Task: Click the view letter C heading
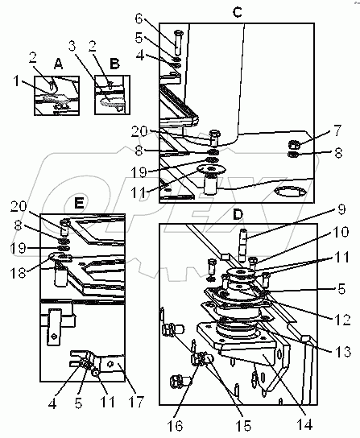tap(238, 12)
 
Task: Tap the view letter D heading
tap(238, 214)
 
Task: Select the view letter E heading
tap(80, 203)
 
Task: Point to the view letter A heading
tap(58, 64)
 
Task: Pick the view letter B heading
tap(115, 64)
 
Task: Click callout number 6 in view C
tap(139, 19)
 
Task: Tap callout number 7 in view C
tap(337, 130)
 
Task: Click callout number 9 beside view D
tap(341, 209)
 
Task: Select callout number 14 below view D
tap(304, 424)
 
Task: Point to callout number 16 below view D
tap(175, 426)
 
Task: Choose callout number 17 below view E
tap(136, 403)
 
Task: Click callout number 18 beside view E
tap(19, 272)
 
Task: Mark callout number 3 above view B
tap(72, 46)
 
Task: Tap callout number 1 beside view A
tap(16, 81)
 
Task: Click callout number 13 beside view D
tap(343, 351)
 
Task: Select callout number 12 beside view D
tap(342, 320)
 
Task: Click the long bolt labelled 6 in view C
tap(178, 43)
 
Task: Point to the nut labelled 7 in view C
tap(294, 145)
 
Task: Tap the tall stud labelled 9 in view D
tap(243, 244)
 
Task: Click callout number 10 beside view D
tap(341, 232)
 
